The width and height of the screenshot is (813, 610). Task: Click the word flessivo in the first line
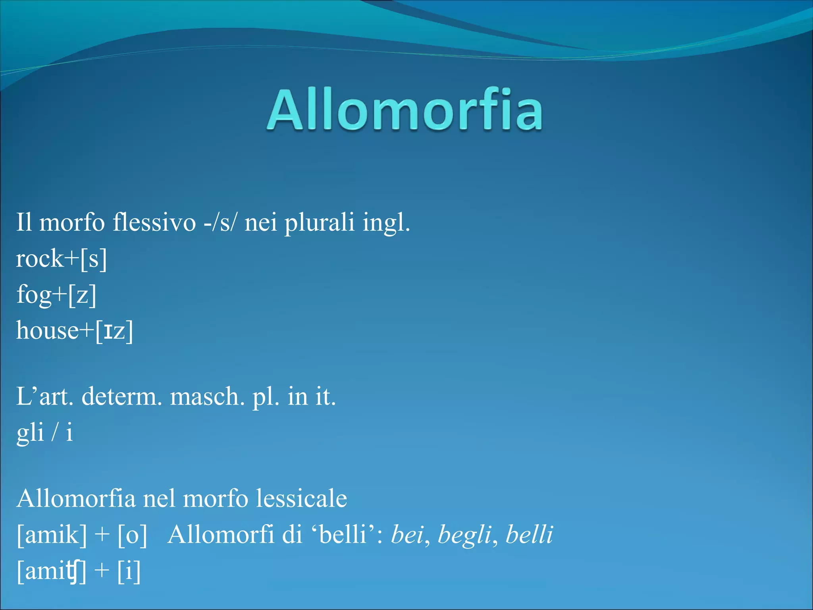(x=154, y=222)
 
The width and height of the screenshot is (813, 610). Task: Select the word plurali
(x=319, y=222)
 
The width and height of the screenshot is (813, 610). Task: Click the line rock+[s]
(x=62, y=259)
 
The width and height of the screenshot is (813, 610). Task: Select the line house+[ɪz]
(x=75, y=331)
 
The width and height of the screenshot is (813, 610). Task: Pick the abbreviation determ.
(x=121, y=396)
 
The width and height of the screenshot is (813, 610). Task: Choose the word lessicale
(x=301, y=498)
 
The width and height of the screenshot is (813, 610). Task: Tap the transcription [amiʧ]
(x=52, y=571)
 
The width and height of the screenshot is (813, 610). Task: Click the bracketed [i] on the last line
(x=129, y=571)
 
